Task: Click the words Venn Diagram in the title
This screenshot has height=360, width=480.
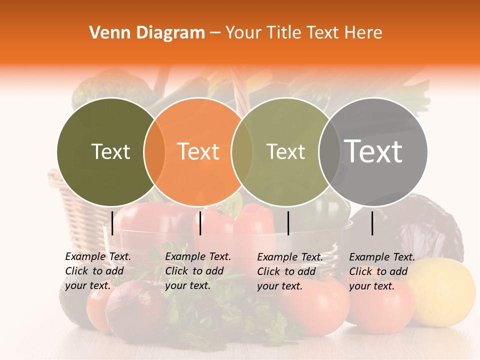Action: click(x=147, y=33)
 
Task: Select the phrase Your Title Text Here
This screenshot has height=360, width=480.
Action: click(x=303, y=33)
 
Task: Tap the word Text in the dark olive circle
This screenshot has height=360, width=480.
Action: click(x=110, y=151)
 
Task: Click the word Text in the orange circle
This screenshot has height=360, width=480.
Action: click(x=198, y=151)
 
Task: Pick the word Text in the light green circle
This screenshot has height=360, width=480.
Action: click(x=285, y=151)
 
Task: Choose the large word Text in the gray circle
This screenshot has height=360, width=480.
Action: click(x=373, y=151)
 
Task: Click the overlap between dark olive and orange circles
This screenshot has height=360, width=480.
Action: click(x=154, y=151)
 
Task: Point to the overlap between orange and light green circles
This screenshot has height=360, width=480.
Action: click(x=242, y=151)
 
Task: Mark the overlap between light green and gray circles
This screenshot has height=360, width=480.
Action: click(x=328, y=151)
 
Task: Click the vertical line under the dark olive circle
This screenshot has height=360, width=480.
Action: click(x=112, y=223)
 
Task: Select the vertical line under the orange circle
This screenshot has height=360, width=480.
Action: click(x=200, y=223)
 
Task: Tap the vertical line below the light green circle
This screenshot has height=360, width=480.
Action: click(x=288, y=223)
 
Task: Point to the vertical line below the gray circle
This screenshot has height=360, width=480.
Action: click(x=372, y=223)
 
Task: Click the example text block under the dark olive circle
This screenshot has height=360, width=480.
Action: click(x=98, y=271)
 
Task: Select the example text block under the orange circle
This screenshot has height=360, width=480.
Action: click(x=198, y=271)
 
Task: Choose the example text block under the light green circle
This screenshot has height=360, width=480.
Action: click(x=290, y=271)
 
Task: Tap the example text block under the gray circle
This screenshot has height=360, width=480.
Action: click(x=382, y=271)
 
